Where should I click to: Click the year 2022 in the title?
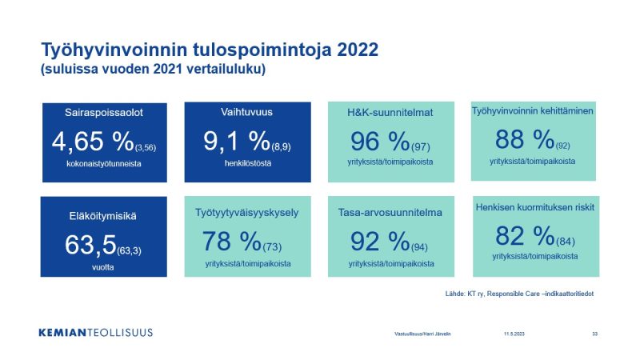pyautogui.click(x=358, y=50)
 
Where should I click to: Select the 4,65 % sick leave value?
pyautogui.click(x=93, y=142)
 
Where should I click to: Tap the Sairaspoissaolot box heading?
pyautogui.click(x=104, y=113)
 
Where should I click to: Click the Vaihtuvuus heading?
pyautogui.click(x=246, y=112)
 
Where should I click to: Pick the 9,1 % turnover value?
pyautogui.click(x=237, y=141)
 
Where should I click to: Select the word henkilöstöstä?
pyautogui.click(x=248, y=163)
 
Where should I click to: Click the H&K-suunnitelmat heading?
pyautogui.click(x=390, y=113)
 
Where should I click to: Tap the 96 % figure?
pyautogui.click(x=380, y=142)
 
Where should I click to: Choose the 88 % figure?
pyautogui.click(x=525, y=139)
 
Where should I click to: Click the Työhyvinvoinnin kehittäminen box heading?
pyautogui.click(x=533, y=111)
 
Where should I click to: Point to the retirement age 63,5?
pyautogui.click(x=90, y=245)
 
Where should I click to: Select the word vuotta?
pyautogui.click(x=103, y=267)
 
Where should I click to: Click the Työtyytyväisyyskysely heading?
pyautogui.click(x=247, y=213)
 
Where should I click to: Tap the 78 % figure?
pyautogui.click(x=231, y=241)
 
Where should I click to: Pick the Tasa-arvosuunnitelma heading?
pyautogui.click(x=390, y=213)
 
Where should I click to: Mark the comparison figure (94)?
pyautogui.click(x=419, y=247)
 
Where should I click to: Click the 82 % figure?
pyautogui.click(x=525, y=236)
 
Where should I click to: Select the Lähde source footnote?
pyautogui.click(x=519, y=294)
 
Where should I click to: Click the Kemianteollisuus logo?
pyautogui.click(x=96, y=333)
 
